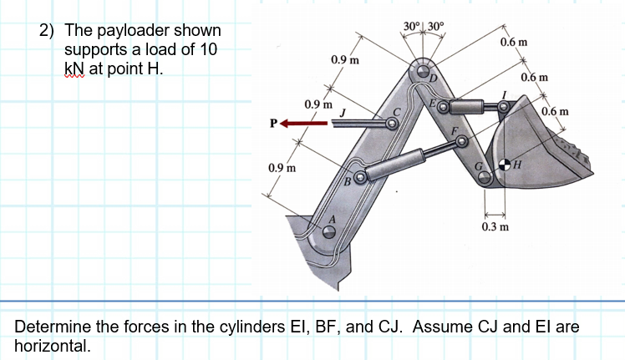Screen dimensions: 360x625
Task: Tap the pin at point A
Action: point(330,233)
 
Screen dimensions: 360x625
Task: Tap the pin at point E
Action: point(444,107)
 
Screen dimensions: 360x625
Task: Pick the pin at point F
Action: point(459,142)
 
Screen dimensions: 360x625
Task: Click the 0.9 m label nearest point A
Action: point(281,168)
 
